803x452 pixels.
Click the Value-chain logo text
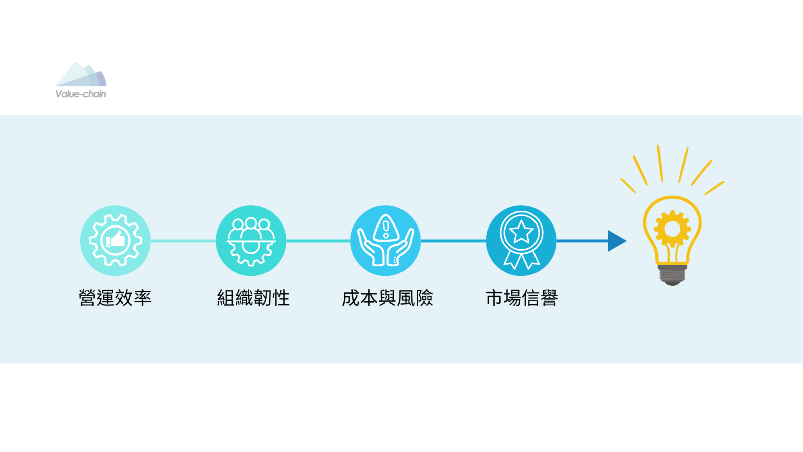81,94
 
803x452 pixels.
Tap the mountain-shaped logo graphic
81,74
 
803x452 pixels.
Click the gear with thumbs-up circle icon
115,241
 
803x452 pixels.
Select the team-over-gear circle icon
251,241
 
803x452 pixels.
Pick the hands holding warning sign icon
385,241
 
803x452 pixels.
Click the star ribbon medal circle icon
521,241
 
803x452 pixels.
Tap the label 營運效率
115,298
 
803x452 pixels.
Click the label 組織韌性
253,298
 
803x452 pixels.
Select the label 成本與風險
387,298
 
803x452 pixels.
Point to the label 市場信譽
521,298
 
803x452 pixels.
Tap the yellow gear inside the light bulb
672,229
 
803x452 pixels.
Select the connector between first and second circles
183,241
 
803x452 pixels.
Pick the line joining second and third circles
318,241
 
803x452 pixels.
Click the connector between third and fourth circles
454,241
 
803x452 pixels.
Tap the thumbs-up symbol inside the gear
115,239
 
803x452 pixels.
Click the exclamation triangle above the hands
386,228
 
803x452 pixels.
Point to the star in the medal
521,232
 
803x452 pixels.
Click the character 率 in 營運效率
143,298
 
